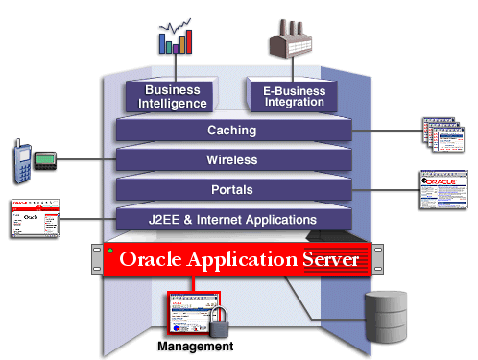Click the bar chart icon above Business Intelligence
pyautogui.click(x=176, y=34)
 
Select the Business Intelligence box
pyautogui.click(x=174, y=97)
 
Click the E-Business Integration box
pyautogui.click(x=294, y=97)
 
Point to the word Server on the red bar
pyautogui.click(x=323, y=259)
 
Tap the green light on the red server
pyautogui.click(x=111, y=252)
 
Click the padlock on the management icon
pyautogui.click(x=216, y=321)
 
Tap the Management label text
pyautogui.click(x=195, y=346)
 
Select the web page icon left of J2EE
pyautogui.click(x=34, y=219)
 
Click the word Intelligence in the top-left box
pyautogui.click(x=174, y=104)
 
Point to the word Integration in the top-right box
pyautogui.click(x=294, y=104)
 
